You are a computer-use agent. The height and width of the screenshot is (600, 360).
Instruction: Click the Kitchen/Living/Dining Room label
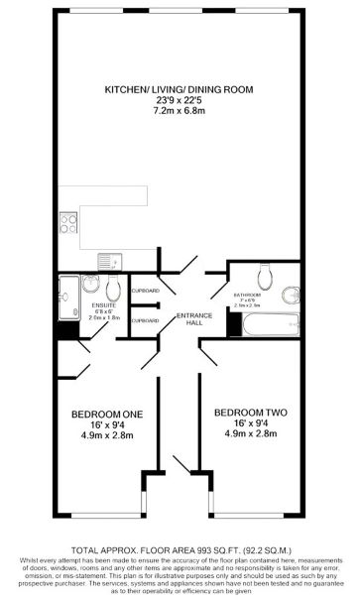coord(180,89)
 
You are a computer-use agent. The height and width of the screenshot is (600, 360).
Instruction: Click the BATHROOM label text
coord(247,296)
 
